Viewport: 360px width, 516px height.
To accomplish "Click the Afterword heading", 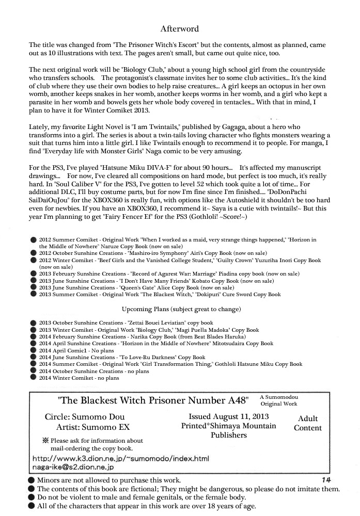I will pyautogui.click(x=179, y=29).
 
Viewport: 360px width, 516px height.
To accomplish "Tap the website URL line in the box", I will pyautogui.click(x=121, y=458).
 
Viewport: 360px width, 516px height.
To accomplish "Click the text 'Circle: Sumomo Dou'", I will pyautogui.click(x=85, y=416).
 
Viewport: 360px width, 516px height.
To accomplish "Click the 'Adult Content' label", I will pyautogui.click(x=308, y=423).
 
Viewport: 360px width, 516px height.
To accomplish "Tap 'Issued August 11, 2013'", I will pyautogui.click(x=228, y=416).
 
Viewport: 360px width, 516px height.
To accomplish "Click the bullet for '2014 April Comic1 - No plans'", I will pyautogui.click(x=34, y=350).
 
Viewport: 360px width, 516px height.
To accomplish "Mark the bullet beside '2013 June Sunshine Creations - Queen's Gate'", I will pyautogui.click(x=34, y=287).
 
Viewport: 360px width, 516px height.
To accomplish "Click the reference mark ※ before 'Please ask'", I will pyautogui.click(x=45, y=441).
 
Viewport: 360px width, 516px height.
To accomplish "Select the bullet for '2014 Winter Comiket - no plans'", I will pyautogui.click(x=34, y=378).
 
